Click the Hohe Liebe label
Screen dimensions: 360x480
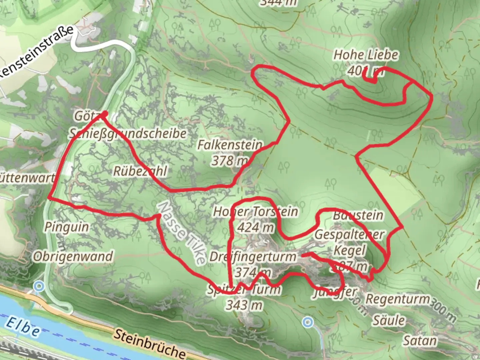(x=366, y=55)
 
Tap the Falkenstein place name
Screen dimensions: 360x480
(x=230, y=145)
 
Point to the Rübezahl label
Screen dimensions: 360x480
(x=140, y=171)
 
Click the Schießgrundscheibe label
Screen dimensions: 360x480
(x=128, y=134)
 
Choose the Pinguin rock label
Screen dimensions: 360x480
(x=67, y=227)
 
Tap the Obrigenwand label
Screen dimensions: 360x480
(x=73, y=256)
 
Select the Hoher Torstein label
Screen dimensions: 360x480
(x=255, y=211)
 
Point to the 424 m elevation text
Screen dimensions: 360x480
(x=255, y=227)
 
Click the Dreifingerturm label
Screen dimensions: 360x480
(x=253, y=257)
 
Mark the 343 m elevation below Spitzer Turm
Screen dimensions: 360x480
(x=244, y=305)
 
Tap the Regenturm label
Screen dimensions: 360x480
(x=398, y=299)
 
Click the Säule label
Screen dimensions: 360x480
(x=389, y=320)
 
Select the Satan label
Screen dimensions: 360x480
(x=420, y=341)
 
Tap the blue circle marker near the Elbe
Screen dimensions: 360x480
(x=39, y=286)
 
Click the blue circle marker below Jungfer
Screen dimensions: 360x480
(x=308, y=322)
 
